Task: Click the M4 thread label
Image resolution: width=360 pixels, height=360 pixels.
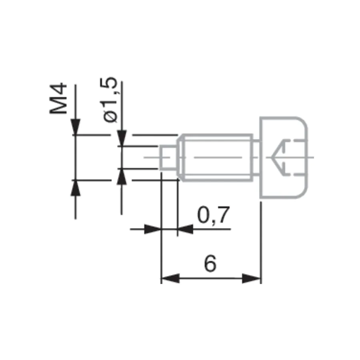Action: tap(58, 98)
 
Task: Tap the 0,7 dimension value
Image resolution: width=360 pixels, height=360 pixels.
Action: tap(213, 215)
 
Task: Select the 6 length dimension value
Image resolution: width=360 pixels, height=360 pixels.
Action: tap(210, 264)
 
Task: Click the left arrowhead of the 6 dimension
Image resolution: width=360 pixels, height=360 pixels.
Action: tap(170, 278)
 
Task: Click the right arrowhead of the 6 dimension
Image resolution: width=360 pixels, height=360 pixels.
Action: tap(252, 278)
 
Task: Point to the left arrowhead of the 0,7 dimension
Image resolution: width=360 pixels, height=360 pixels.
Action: tap(153, 229)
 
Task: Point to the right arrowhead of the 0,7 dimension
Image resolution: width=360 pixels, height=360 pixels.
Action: tap(186, 229)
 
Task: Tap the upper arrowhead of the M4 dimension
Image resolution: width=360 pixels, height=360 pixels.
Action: tap(76, 127)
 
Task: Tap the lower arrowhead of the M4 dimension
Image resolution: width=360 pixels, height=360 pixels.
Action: tap(76, 188)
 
